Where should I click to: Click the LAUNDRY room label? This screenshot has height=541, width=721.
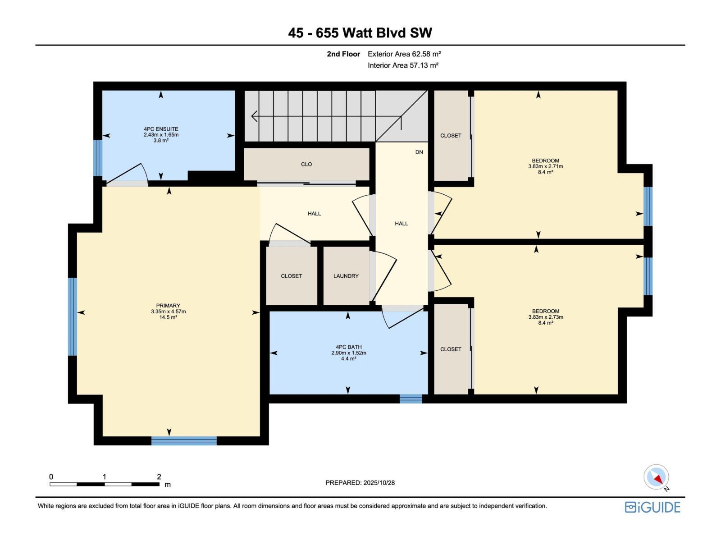click(346, 276)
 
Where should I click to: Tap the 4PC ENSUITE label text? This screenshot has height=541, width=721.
click(161, 129)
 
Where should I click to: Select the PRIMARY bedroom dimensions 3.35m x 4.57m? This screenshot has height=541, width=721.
click(168, 312)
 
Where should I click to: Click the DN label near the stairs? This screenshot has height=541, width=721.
click(419, 152)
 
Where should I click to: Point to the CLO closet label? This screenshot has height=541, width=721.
click(306, 164)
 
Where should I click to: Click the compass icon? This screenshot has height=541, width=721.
click(656, 477)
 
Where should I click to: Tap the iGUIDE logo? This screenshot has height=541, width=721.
click(652, 507)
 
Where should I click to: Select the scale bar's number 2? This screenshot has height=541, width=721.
click(159, 477)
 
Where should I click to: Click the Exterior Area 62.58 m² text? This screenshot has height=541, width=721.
click(404, 54)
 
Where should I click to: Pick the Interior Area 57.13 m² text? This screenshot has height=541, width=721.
click(403, 65)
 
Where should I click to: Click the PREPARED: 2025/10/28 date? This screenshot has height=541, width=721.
click(360, 483)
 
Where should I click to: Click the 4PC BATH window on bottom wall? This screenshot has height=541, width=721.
click(411, 399)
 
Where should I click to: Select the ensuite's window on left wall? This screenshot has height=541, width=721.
click(98, 158)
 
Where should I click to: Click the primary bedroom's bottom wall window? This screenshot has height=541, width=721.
click(184, 440)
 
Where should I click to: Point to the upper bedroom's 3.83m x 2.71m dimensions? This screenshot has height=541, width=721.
click(545, 166)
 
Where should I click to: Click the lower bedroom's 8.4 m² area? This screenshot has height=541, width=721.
click(545, 323)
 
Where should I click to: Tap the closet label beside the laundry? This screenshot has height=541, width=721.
click(291, 276)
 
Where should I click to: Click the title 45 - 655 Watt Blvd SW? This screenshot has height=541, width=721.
click(360, 33)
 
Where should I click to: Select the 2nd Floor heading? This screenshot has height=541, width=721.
click(343, 54)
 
